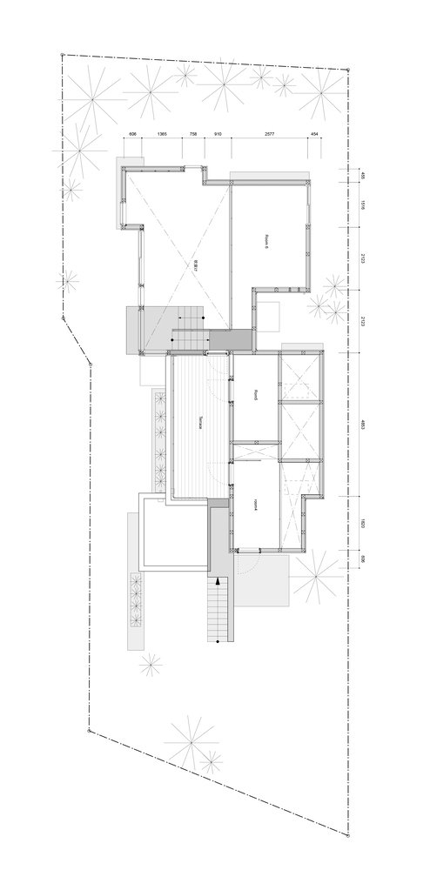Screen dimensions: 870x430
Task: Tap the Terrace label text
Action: tap(200, 419)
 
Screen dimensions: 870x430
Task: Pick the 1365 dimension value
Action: tap(162, 135)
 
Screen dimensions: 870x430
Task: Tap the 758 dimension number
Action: tap(192, 135)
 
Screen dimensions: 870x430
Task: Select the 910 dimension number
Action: tap(218, 135)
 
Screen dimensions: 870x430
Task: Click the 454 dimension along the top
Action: tap(313, 135)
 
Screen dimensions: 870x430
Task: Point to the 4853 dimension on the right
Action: tap(362, 426)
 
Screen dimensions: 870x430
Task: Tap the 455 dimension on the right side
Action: tap(362, 176)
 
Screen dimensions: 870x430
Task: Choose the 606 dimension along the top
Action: tap(133, 135)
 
